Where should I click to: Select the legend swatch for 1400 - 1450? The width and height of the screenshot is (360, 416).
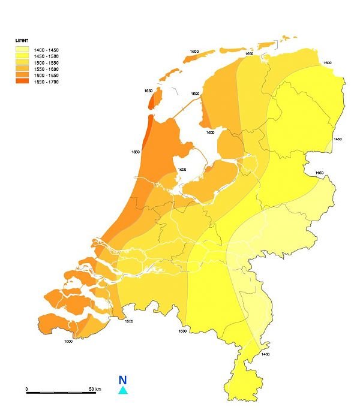[22, 50]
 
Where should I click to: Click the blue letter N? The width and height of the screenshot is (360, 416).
[122, 380]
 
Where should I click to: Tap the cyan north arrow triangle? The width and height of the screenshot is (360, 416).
[122, 390]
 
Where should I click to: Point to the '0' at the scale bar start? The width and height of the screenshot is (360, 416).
[26, 389]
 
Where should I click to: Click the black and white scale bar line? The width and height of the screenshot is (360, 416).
[60, 393]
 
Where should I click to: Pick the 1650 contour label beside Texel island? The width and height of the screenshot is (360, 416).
[148, 91]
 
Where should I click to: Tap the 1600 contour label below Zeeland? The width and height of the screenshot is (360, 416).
[68, 341]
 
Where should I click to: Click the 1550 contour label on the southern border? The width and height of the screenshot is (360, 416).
[129, 321]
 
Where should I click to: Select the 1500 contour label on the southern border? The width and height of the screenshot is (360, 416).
[182, 331]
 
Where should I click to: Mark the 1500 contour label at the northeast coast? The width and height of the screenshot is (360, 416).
[327, 62]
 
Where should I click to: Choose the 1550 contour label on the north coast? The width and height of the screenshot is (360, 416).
[248, 53]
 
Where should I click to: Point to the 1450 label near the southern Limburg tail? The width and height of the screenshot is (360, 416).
[266, 354]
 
